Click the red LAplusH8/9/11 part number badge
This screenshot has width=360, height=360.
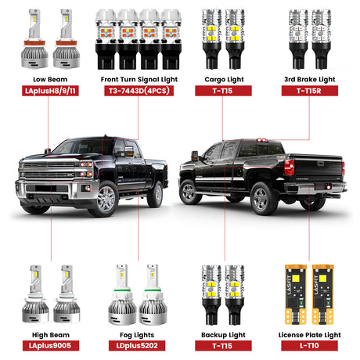click(49, 91)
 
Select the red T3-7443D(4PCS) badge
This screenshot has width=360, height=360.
click(137, 91)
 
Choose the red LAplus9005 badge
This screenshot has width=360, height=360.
click(49, 345)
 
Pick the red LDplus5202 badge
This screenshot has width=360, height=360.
click(137, 345)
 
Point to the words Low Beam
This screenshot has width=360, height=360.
click(49, 78)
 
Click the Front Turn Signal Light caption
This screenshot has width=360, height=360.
click(137, 78)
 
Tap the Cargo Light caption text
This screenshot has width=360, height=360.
click(222, 78)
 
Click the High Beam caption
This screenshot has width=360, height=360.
click(49, 333)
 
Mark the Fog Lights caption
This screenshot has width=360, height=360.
click(137, 333)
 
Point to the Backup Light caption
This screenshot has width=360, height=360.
click(222, 333)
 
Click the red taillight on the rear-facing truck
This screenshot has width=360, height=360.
click(289, 167)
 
